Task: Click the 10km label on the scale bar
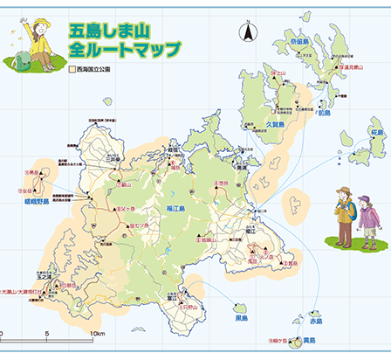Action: coord(97,334)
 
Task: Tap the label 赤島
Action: coord(316,322)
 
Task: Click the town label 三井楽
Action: coord(111,160)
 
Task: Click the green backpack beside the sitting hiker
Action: coord(22,59)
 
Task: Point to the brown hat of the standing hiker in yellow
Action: coord(344,191)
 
